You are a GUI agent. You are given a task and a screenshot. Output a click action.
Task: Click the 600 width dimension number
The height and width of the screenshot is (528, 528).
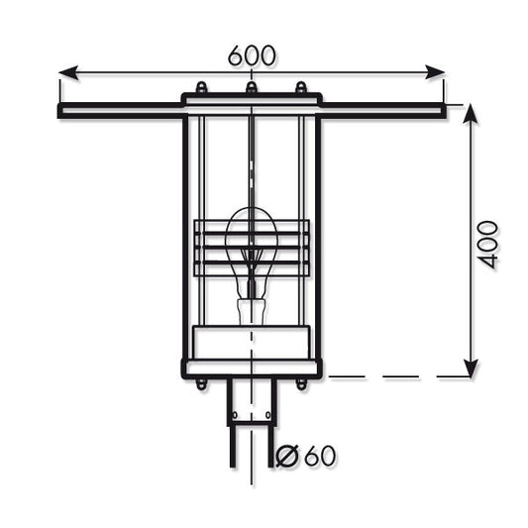pyautogui.click(x=252, y=56)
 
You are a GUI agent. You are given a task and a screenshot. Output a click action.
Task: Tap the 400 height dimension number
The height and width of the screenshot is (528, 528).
pyautogui.click(x=488, y=244)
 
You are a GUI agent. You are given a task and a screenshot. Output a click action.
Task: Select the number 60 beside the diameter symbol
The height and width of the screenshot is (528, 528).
pyautogui.click(x=319, y=456)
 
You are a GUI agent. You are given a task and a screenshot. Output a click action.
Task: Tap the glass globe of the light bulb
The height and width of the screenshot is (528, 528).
pyautogui.click(x=251, y=238)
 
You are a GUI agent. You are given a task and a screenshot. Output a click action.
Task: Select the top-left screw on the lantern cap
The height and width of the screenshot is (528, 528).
pyautogui.click(x=201, y=88)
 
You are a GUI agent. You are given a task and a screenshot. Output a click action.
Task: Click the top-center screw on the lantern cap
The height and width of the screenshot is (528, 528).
pyautogui.click(x=252, y=88)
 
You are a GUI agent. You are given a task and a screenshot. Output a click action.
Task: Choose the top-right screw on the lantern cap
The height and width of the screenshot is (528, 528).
pyautogui.click(x=301, y=88)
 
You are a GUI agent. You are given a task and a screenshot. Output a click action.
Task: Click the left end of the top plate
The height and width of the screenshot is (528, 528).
pyautogui.click(x=63, y=111)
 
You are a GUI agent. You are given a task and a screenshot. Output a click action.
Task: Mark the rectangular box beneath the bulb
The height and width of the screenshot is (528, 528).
pyautogui.click(x=251, y=341)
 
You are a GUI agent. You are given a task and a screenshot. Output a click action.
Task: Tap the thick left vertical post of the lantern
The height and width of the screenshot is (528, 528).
pyautogui.click(x=185, y=238)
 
